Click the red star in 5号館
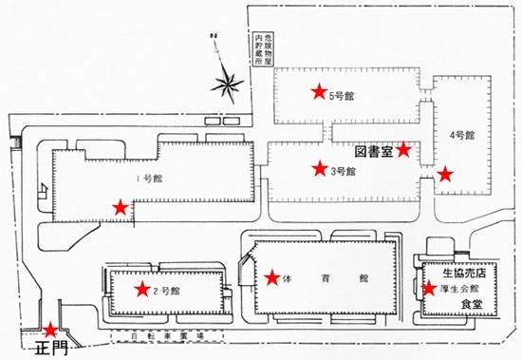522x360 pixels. (318, 92)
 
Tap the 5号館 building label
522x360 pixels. (341, 95)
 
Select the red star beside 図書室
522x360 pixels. (403, 149)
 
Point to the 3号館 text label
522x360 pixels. (343, 172)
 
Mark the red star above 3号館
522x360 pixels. (317, 169)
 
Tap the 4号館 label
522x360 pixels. (462, 136)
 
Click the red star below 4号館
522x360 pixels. (445, 174)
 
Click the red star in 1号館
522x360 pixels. (120, 206)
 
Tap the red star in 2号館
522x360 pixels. (142, 289)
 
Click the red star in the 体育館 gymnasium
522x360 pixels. (272, 277)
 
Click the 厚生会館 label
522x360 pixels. (462, 288)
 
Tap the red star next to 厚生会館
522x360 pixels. (429, 287)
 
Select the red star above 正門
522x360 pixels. (48, 330)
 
